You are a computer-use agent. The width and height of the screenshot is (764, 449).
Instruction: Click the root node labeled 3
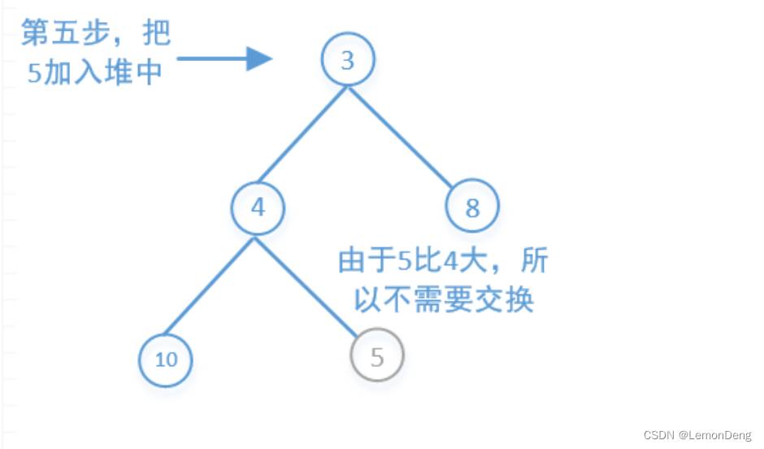tap(348, 61)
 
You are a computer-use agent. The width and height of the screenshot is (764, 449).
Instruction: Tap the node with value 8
tap(472, 207)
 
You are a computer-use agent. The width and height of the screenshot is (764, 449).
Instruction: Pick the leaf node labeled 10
tap(166, 359)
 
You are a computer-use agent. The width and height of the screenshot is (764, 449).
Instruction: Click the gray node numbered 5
tap(377, 357)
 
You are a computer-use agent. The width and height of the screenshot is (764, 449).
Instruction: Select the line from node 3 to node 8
tap(402, 136)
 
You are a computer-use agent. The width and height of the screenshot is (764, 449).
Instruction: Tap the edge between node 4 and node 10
tap(208, 286)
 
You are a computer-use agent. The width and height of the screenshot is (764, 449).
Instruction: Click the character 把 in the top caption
tap(154, 34)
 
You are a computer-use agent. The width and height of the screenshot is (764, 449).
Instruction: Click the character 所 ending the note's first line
tap(533, 262)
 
